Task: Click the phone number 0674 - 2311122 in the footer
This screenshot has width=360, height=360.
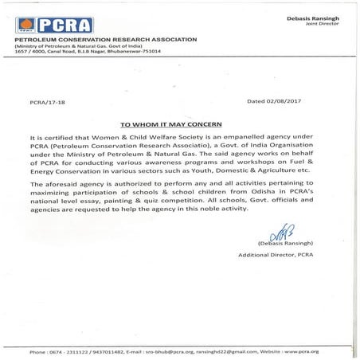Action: point(66,351)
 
